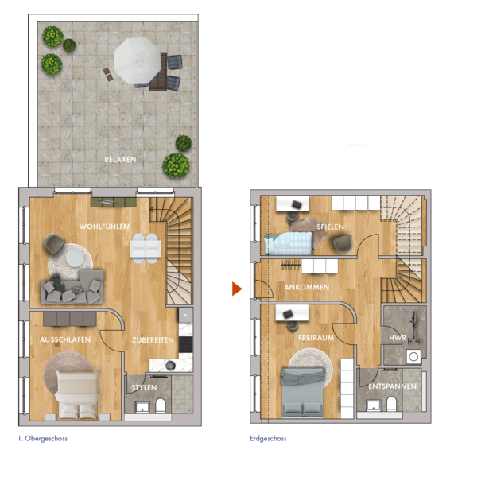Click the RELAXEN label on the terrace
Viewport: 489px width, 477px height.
pos(120,160)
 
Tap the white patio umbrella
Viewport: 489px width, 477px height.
pos(138,60)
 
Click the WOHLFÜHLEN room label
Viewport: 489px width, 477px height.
pos(104,227)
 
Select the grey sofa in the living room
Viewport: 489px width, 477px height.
pos(72,287)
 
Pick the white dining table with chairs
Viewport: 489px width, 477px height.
pos(146,249)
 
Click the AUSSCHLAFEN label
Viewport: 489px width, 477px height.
pos(65,339)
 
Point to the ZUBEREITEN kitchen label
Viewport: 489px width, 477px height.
pos(153,339)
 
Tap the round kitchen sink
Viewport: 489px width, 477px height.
pos(170,366)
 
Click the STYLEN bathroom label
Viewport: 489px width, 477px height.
pos(144,387)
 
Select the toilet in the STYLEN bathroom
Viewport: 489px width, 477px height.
pos(161,405)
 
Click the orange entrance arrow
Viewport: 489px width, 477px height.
pos(237,289)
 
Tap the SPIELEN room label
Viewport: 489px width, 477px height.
pos(330,227)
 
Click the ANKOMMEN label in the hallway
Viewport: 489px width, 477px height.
pos(307,287)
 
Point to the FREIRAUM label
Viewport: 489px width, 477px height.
pos(316,338)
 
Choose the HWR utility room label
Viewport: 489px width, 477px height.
pos(398,338)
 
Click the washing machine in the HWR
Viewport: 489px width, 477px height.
pos(413,356)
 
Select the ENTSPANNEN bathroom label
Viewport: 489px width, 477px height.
pos(392,386)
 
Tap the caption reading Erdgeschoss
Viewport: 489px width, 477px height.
pos(268,438)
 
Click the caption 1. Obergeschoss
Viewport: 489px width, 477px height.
pos(43,438)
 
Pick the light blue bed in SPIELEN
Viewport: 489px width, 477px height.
pos(288,243)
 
